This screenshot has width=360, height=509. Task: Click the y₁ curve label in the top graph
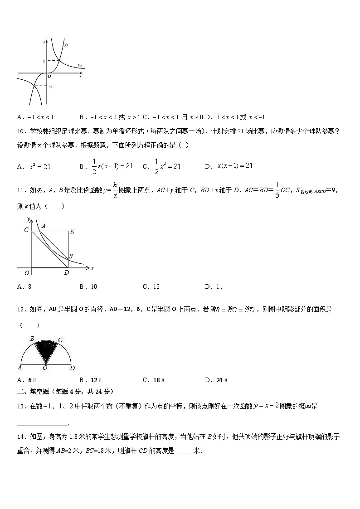point(66,44)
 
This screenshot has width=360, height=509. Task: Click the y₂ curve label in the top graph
point(79,65)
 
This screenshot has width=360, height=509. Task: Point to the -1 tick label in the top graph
point(51,86)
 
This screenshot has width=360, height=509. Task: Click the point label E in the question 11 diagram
point(72,231)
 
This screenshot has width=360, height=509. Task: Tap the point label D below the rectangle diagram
point(67,273)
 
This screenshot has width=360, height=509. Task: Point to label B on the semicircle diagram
point(32,338)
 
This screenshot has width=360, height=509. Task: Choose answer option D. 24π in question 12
point(215,380)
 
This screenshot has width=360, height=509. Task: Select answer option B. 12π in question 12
point(91,380)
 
